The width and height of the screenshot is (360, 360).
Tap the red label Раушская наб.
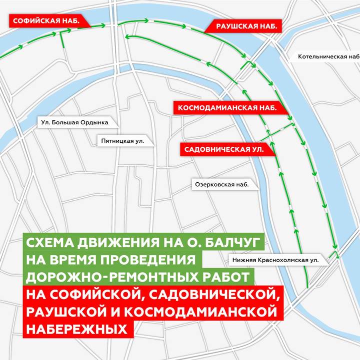pyautogui.click(x=246, y=26)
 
